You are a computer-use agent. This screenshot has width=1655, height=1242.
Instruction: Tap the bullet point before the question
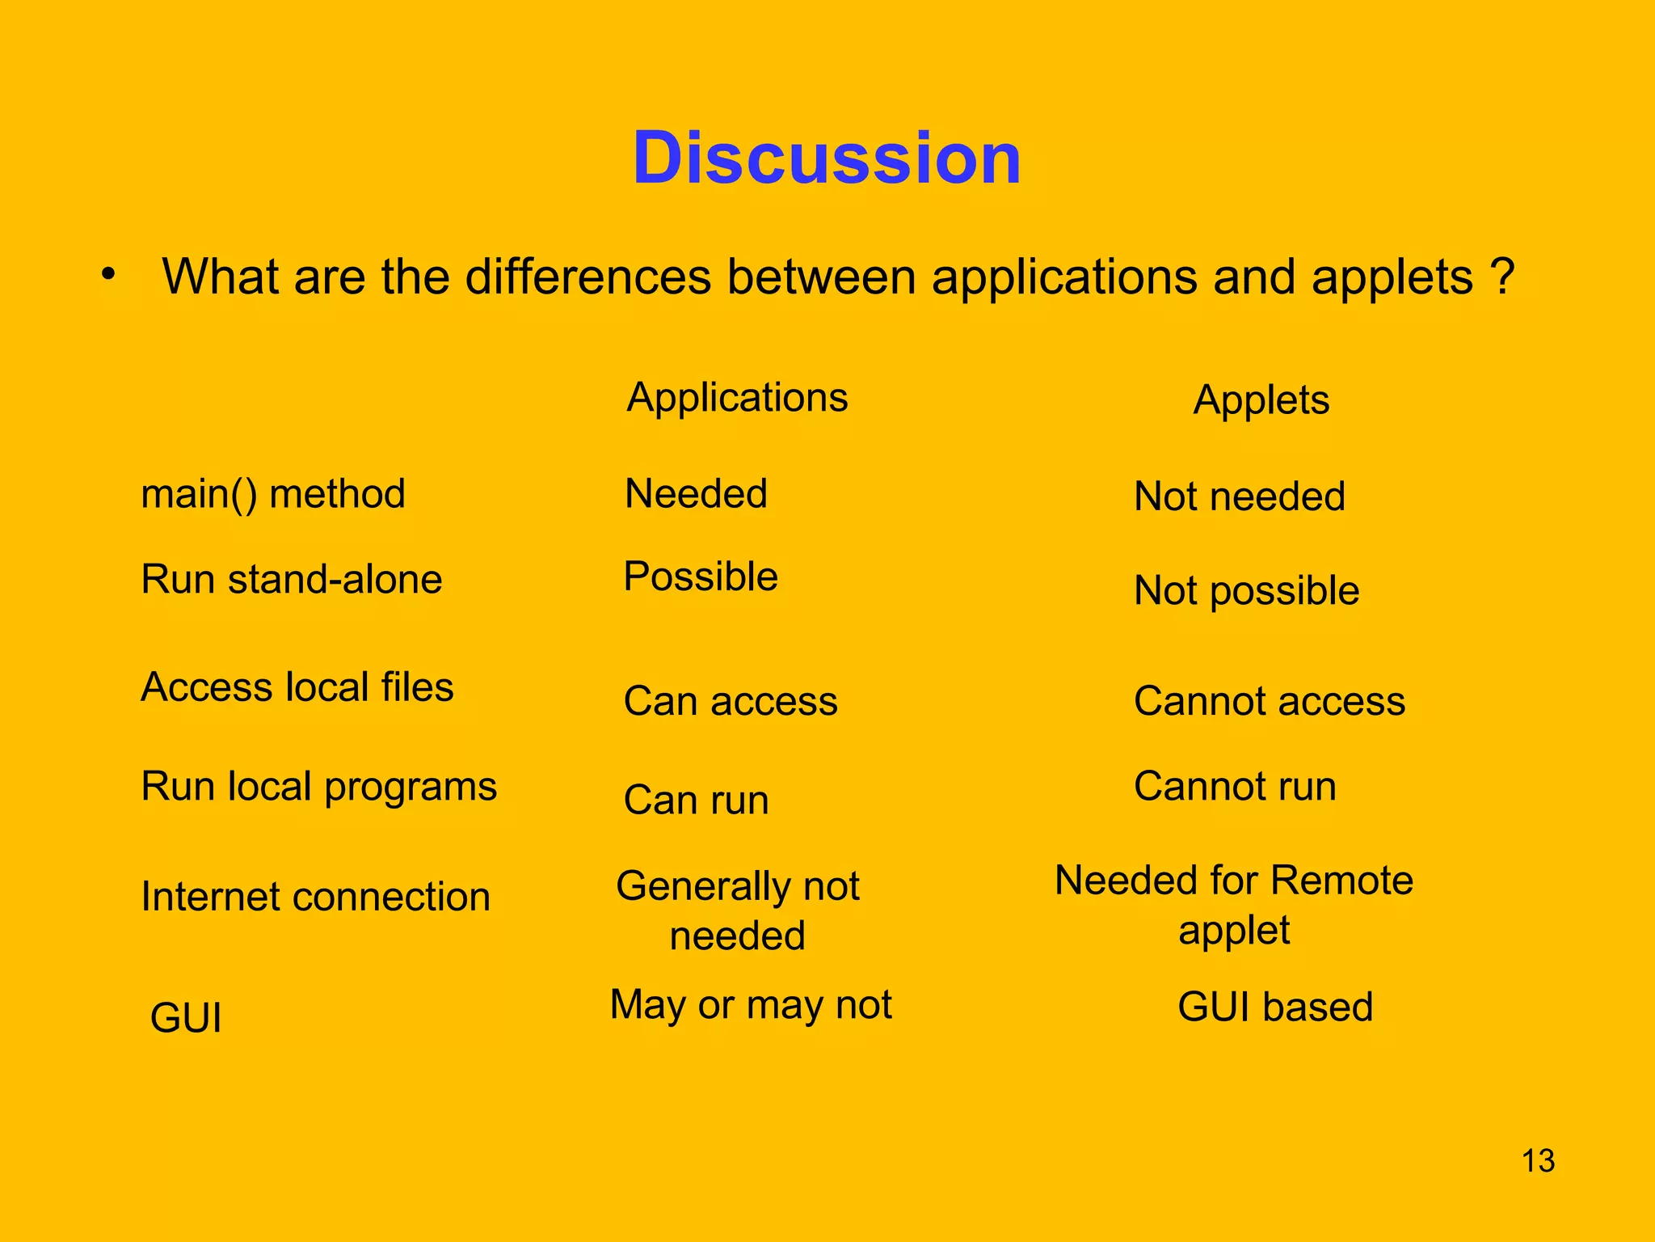coord(108,274)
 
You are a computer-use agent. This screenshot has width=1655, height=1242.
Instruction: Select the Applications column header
coord(737,398)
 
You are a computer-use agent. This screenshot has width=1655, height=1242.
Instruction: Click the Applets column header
coord(1261,400)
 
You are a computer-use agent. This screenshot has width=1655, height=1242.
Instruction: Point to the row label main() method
coord(273,494)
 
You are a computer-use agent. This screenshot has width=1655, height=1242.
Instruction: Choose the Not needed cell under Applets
coord(1240,496)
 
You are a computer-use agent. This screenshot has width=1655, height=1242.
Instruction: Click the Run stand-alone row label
coord(292,580)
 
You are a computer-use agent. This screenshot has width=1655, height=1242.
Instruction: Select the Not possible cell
coord(1246,591)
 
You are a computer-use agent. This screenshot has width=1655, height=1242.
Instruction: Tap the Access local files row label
coord(297,687)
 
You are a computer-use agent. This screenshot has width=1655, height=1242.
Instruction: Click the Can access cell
coord(731,701)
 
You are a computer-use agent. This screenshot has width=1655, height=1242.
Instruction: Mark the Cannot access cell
coord(1269,701)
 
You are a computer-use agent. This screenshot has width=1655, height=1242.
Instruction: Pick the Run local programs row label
coord(318,787)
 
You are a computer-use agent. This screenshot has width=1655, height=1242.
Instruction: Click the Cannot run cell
coord(1235,787)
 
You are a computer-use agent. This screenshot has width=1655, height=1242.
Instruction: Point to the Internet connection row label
coord(315,897)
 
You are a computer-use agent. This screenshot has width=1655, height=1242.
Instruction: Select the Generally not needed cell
coord(737,910)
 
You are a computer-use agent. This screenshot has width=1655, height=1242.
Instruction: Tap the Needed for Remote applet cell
coord(1233,905)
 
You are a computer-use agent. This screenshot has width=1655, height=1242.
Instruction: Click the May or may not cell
coord(751,1005)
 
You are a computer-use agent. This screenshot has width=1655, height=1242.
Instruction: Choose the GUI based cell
coord(1275,1008)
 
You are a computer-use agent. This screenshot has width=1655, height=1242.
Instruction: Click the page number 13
coord(1538,1161)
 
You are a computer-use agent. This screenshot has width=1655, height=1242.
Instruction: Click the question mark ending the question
coord(1501,277)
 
